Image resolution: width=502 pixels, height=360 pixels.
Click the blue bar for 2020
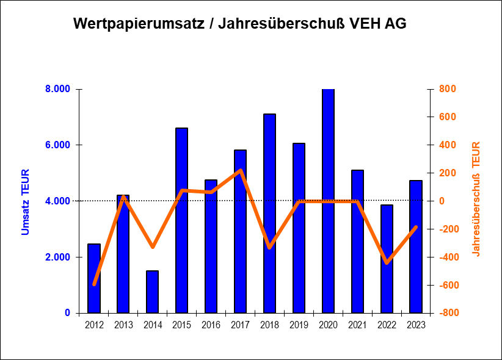[328, 201]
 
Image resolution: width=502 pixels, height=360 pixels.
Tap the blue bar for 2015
[181, 220]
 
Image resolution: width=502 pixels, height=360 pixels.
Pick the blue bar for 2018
[269, 214]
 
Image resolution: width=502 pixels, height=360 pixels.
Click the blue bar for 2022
[387, 259]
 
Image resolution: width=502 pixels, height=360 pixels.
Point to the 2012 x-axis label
[94, 325]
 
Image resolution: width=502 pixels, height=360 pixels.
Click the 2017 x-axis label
[240, 325]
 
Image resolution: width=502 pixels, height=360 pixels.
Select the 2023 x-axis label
[416, 325]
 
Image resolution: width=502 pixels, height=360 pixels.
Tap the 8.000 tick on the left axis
[58, 89]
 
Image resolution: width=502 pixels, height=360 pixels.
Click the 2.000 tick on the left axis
[58, 257]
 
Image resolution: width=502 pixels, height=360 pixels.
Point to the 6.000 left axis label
[58, 145]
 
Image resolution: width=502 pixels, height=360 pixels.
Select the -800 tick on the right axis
[445, 313]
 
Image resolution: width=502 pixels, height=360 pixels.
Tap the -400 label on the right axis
[445, 257]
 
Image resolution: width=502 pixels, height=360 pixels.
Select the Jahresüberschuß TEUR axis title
[476, 199]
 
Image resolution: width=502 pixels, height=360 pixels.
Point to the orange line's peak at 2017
[241, 170]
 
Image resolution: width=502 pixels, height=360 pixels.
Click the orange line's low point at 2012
[94, 284]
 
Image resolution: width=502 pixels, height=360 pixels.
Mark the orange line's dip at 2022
[387, 263]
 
